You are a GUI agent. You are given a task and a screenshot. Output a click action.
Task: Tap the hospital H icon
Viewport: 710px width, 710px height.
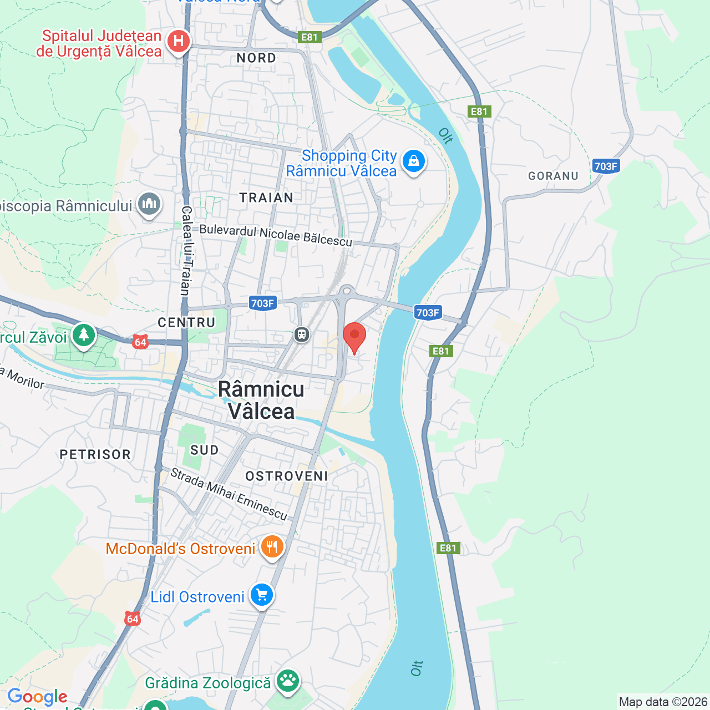click(179, 42)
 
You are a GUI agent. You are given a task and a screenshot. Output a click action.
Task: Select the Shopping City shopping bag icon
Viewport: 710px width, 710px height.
click(413, 161)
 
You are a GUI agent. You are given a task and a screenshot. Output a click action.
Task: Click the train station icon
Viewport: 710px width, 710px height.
click(301, 334)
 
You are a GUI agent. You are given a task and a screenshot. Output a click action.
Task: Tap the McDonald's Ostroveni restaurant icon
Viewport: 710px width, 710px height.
click(272, 547)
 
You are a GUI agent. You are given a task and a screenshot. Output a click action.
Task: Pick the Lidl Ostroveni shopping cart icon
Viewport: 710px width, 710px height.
click(262, 596)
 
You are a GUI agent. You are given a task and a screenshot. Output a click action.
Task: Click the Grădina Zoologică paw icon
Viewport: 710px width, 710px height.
click(288, 681)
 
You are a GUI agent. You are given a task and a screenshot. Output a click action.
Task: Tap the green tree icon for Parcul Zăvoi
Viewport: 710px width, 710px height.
click(84, 335)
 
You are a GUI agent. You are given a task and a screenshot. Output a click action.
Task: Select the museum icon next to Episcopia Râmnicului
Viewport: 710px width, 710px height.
click(149, 204)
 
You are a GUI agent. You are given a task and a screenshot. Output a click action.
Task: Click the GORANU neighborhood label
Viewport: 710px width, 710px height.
click(553, 176)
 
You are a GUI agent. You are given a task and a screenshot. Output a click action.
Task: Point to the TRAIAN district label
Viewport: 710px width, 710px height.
click(266, 198)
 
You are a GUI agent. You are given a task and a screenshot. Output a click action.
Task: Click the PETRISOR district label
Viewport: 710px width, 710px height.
click(95, 455)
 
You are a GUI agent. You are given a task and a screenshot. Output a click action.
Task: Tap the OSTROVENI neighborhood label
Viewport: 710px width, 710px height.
click(287, 476)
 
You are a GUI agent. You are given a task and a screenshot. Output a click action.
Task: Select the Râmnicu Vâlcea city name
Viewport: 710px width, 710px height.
click(261, 400)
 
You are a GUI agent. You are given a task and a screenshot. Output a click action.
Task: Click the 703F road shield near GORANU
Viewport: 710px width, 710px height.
click(606, 166)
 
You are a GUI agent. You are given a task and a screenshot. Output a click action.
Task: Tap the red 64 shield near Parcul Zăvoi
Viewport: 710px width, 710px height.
click(140, 342)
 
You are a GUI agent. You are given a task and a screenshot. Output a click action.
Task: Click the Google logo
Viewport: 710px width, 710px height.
click(37, 697)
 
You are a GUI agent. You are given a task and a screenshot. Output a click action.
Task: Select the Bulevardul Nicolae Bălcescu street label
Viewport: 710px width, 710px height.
click(276, 235)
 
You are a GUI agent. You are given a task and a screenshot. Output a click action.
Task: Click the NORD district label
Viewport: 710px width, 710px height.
click(256, 58)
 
